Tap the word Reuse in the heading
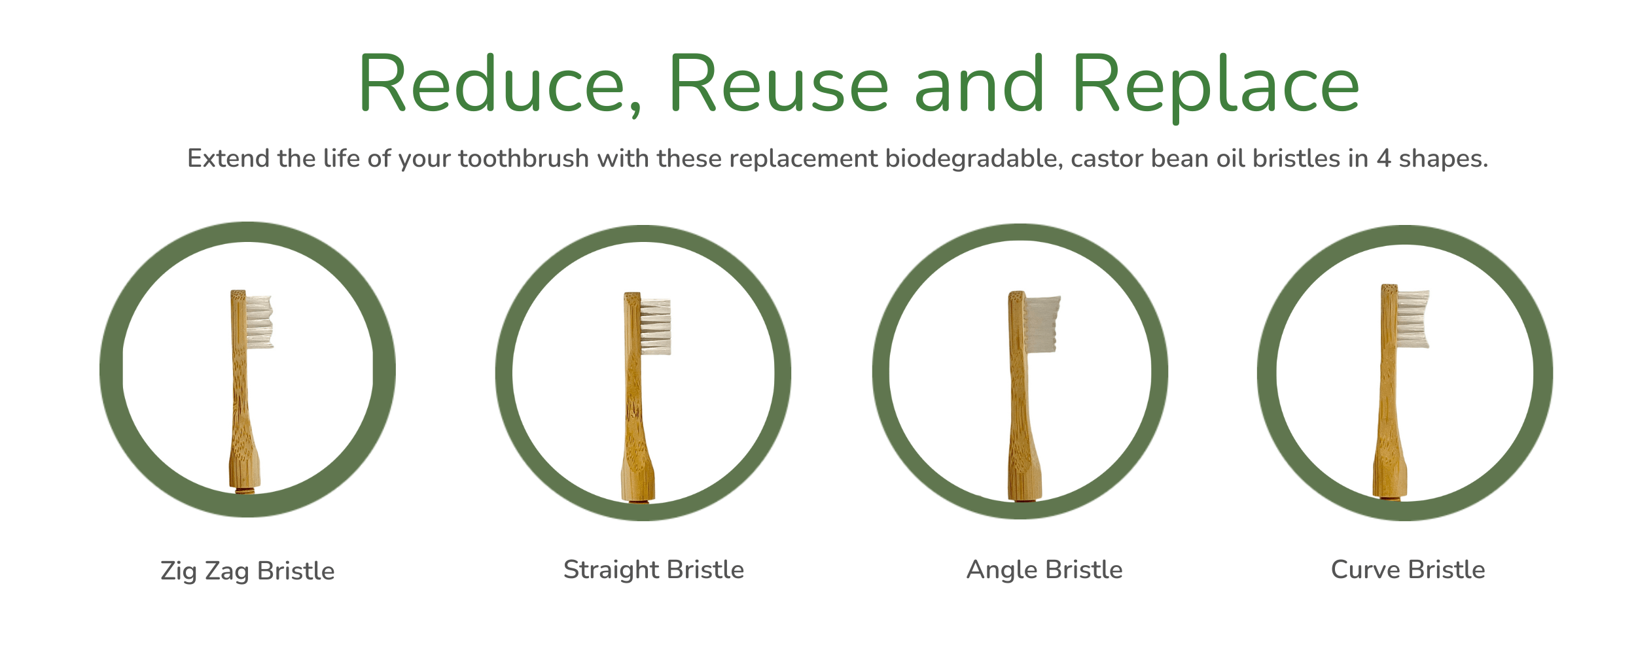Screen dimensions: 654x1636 pyautogui.click(x=778, y=85)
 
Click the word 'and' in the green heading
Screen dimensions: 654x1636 pyautogui.click(x=978, y=85)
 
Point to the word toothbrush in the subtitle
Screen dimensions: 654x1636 pyautogui.click(x=524, y=159)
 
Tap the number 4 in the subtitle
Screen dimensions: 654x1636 pyautogui.click(x=1383, y=159)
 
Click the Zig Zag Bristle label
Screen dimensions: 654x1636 pyautogui.click(x=247, y=571)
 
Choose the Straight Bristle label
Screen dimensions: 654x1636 pyautogui.click(x=654, y=570)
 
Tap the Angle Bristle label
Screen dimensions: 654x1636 pyautogui.click(x=1044, y=570)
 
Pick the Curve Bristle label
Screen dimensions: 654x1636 pyautogui.click(x=1408, y=570)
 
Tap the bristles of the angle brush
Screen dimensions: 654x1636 pyautogui.click(x=1041, y=324)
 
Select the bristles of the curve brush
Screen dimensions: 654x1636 pyautogui.click(x=1413, y=318)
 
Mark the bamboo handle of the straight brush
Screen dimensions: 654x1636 pyautogui.click(x=635, y=419)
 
